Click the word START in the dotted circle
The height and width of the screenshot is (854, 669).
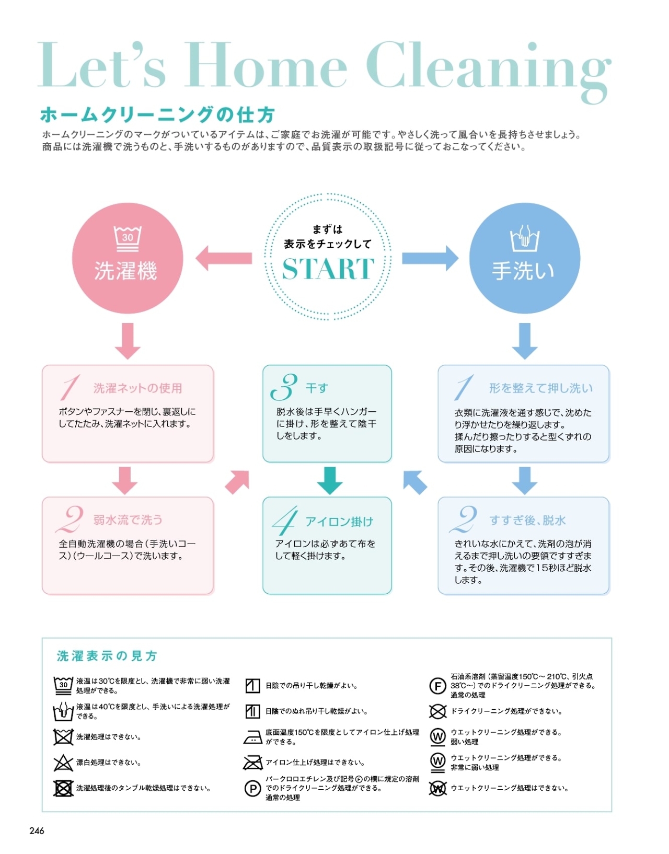pos(328,269)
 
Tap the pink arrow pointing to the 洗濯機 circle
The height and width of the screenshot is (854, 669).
pos(223,258)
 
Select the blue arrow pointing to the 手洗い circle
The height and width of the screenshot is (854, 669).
pos(430,258)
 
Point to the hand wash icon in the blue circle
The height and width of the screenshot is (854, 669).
pos(525,239)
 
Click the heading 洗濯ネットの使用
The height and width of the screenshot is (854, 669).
pos(138,388)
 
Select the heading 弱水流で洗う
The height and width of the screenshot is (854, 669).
pos(128,520)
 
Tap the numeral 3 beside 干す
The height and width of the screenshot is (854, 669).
pos(284,387)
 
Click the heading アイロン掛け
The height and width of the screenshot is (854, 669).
pos(340,522)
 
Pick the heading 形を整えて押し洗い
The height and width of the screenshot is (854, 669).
pos(541,388)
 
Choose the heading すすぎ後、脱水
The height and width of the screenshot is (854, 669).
pos(528,521)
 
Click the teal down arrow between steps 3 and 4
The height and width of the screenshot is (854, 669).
pos(330,480)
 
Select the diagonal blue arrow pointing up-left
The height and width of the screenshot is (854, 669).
pos(415,482)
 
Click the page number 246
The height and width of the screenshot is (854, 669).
pos(37,831)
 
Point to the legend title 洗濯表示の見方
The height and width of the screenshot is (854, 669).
pos(107,656)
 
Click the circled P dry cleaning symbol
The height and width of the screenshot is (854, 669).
pos(253,788)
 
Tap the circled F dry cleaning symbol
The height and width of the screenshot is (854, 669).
pos(437,686)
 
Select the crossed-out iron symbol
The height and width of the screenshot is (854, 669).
pos(253,763)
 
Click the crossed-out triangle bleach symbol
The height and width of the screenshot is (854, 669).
pos(63,763)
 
